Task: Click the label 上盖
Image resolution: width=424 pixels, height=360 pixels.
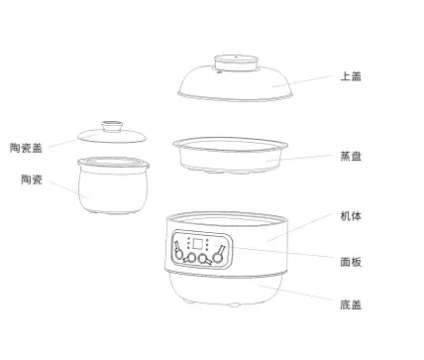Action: point(351,76)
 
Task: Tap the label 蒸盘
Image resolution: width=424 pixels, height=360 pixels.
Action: point(351,156)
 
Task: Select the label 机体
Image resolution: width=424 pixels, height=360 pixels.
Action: point(351,216)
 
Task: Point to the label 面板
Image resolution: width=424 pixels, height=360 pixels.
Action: point(351,262)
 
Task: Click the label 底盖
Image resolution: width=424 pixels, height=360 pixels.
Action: point(351,304)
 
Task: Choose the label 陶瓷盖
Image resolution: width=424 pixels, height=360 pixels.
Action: point(26,148)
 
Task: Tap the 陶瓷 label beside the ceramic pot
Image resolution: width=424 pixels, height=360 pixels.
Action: point(32,180)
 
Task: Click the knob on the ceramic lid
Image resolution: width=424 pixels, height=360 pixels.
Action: point(112,127)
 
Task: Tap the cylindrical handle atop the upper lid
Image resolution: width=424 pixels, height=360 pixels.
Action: point(236,63)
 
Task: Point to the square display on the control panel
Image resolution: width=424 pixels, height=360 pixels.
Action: point(198,244)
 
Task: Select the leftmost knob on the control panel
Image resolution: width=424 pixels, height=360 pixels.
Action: point(178,251)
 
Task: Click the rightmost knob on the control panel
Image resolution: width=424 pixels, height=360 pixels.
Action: point(219,255)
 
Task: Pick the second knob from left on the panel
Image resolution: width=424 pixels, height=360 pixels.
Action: point(190,258)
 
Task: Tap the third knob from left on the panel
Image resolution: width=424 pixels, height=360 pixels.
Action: point(204,259)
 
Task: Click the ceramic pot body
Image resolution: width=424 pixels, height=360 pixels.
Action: point(113,185)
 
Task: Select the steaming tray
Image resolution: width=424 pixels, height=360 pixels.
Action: point(230,156)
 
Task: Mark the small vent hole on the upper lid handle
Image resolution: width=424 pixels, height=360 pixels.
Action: point(236,57)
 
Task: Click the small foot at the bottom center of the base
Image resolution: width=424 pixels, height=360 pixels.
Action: point(234,304)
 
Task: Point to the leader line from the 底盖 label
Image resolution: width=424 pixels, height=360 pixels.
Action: point(295,293)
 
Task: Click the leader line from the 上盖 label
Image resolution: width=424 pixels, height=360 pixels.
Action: point(302,81)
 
